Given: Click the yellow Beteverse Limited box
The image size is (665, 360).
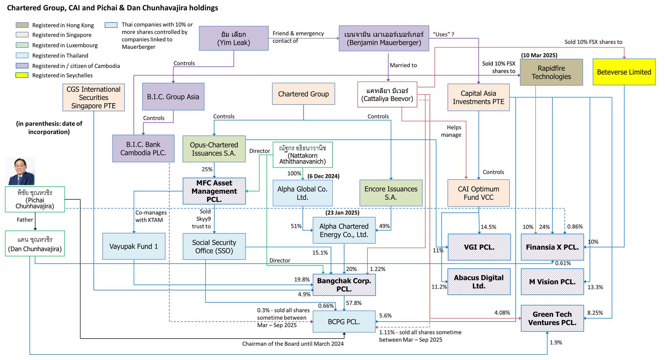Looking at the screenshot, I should coord(624,72).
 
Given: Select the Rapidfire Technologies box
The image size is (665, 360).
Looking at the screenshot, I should coord(551,72).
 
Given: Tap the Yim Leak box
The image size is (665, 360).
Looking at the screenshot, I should coord(233,38).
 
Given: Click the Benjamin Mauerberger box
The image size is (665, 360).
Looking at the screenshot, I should coord(383,38).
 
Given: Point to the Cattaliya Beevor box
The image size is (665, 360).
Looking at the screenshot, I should coord(387,94).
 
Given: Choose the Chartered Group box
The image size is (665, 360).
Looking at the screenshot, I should coord(303,94).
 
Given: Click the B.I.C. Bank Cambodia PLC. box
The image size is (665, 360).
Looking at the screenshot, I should coord(143,148).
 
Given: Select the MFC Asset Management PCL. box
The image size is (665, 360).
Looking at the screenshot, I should coord(214,191).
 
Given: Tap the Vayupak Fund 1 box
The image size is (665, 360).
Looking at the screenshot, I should coord(133,246).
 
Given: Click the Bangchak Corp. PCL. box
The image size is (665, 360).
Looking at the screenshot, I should coord(344,285).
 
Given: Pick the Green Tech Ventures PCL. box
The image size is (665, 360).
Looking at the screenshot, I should coord(552,318).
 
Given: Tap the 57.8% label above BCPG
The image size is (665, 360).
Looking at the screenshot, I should coord(354,303).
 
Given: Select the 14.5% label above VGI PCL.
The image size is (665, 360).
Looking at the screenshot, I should coord(488,227).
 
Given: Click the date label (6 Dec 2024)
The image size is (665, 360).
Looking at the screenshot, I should coord(323,176).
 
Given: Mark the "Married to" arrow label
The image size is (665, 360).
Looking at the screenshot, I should coord(403,65).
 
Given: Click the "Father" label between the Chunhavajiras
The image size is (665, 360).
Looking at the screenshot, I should coord(25,220).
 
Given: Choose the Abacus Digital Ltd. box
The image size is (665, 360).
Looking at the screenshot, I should coord(479,282).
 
